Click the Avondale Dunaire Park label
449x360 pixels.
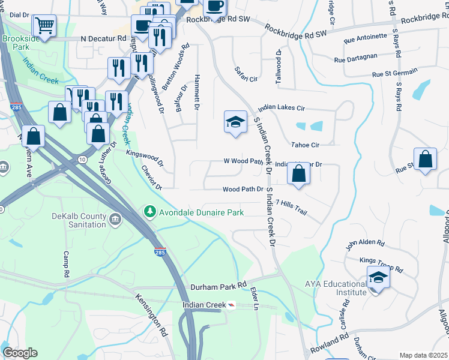[201, 212]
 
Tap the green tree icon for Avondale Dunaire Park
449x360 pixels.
[148, 212]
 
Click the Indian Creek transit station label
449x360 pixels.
[204, 305]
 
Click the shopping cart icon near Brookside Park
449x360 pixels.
[44, 26]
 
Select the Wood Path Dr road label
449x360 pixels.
[243, 189]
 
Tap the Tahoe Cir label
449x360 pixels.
[305, 145]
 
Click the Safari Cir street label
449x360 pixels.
[246, 74]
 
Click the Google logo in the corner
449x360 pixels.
[20, 353]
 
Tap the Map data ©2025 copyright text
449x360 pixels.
[423, 355]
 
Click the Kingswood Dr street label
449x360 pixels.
[145, 157]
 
